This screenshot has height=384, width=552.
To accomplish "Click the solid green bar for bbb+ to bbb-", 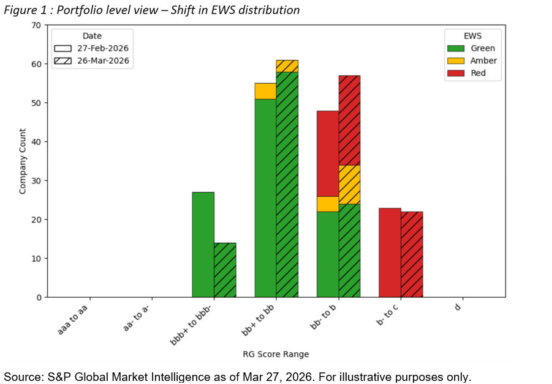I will (203, 245).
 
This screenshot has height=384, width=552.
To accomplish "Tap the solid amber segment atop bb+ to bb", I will (265, 91).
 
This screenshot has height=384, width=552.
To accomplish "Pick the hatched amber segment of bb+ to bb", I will (287, 66).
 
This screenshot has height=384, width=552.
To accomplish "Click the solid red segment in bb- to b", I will (327, 153).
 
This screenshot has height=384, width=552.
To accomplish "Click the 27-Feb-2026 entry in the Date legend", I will (63, 48).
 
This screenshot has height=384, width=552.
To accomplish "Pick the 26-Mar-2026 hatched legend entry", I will (63, 61).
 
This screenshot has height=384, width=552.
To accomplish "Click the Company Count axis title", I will (23, 161).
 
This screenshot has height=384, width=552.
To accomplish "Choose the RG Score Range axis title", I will (276, 354).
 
